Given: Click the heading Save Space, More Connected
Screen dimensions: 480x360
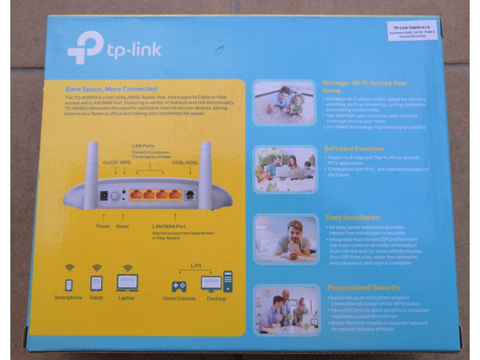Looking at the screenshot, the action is [x=111, y=89].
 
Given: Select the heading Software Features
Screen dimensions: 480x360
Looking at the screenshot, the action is [x=353, y=149].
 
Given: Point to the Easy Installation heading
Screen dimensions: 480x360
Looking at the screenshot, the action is [x=353, y=217].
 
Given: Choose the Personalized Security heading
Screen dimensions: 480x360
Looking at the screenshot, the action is [x=364, y=287].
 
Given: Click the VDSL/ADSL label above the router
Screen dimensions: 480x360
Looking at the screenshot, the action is [x=186, y=163].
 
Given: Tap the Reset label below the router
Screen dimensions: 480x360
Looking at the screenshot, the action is [x=122, y=226].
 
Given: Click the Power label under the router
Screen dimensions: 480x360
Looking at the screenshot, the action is [x=103, y=226].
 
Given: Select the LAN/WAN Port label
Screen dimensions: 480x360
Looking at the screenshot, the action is [x=169, y=227].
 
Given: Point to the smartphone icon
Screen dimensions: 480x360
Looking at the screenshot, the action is [x=69, y=285].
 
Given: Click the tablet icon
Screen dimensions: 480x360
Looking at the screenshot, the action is [x=96, y=283].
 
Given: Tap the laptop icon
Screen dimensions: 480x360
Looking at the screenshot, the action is [x=127, y=283].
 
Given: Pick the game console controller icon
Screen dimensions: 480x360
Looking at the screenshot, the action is [x=179, y=286].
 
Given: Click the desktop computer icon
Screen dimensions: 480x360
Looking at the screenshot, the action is [x=217, y=282].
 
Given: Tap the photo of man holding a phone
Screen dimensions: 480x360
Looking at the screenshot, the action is [x=285, y=239].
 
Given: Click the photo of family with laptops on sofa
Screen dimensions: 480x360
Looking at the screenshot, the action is [x=285, y=169].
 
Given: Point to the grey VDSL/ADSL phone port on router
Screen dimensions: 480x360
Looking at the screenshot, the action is [x=190, y=195].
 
